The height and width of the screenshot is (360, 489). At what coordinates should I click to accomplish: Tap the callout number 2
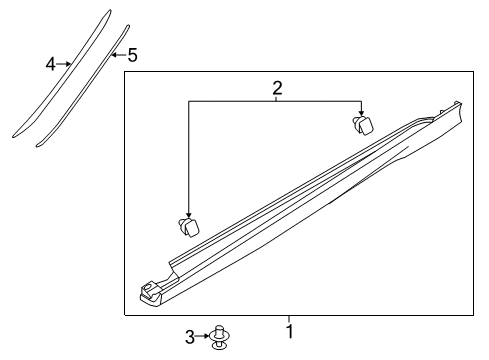click(x=277, y=88)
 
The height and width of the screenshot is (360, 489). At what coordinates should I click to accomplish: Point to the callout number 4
click(x=50, y=64)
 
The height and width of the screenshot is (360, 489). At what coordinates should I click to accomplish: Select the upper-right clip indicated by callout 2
click(x=362, y=125)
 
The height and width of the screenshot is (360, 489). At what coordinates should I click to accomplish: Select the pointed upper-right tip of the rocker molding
click(x=463, y=102)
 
